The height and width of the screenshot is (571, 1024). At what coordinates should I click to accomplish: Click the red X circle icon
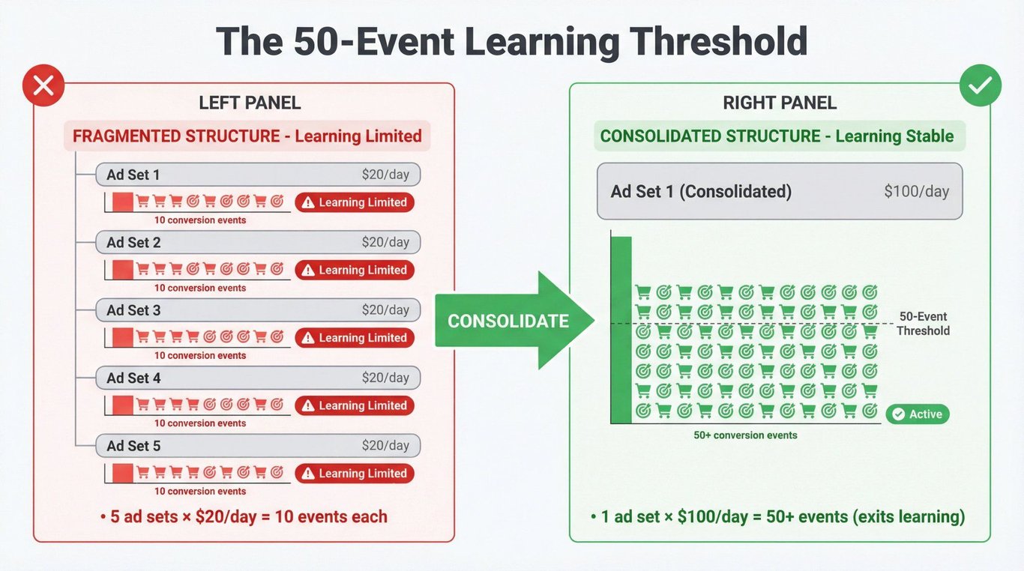(x=43, y=85)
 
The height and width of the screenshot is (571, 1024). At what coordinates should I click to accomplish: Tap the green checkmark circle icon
(x=981, y=85)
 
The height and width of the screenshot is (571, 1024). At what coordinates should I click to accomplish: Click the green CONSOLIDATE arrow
(x=514, y=320)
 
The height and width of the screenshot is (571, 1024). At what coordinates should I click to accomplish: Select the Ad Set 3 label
(x=133, y=310)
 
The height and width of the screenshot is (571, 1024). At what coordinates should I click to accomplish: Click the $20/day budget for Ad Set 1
(x=385, y=175)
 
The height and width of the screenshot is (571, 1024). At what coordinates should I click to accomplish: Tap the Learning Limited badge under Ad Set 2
(x=355, y=270)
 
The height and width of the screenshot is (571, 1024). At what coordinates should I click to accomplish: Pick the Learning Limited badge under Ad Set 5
(x=355, y=474)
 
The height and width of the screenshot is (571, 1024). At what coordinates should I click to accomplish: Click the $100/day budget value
(x=916, y=191)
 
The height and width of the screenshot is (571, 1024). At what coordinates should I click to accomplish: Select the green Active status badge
(x=918, y=414)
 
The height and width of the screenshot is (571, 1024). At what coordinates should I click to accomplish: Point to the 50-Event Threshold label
(x=923, y=324)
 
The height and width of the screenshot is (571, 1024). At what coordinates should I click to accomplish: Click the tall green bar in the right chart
(x=621, y=330)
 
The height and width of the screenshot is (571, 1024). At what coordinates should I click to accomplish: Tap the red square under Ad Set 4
(x=122, y=405)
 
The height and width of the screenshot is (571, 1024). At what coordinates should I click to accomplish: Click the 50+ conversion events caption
(x=745, y=435)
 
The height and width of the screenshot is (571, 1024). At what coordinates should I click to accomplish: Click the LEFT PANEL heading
(x=250, y=103)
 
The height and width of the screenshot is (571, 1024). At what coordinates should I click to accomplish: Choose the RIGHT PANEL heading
(x=780, y=103)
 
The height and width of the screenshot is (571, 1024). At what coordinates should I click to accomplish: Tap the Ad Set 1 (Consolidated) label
(x=701, y=191)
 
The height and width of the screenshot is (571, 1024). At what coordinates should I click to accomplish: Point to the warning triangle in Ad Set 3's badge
(x=308, y=338)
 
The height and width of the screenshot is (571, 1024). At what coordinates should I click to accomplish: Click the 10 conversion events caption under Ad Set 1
(x=200, y=220)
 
